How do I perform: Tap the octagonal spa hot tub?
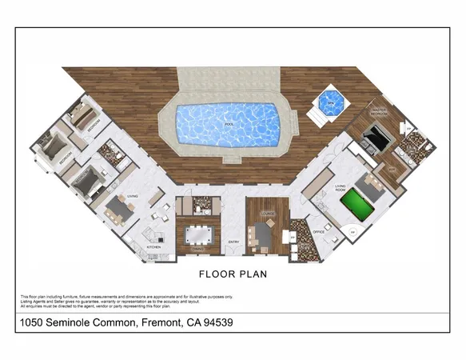click(328, 102)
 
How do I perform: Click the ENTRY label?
click(234, 242)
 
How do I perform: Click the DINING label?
click(197, 250)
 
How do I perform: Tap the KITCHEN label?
click(153, 247)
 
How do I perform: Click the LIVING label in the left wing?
click(133, 194)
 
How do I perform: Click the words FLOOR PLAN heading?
click(233, 273)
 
